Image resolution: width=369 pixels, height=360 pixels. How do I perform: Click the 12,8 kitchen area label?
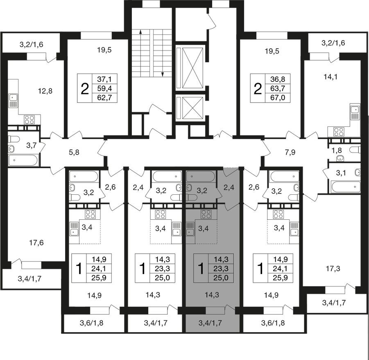[45, 90]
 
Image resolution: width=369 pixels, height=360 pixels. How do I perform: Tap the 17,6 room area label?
[36, 243]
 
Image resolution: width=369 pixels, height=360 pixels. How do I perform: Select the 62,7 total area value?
[105, 97]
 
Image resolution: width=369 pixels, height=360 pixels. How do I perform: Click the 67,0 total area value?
[278, 97]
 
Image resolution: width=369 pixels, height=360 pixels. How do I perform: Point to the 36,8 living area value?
[278, 79]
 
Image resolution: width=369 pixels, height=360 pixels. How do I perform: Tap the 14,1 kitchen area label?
[331, 76]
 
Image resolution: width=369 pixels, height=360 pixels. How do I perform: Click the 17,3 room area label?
[333, 268]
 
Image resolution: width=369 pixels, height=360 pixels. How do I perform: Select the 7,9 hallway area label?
[290, 152]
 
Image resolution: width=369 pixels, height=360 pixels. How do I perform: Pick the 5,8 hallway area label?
[74, 152]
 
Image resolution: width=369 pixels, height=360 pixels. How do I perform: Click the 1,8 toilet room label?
[336, 150]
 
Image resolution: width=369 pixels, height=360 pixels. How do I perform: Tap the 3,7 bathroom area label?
[31, 146]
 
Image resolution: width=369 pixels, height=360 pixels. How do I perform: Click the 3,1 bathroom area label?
[340, 173]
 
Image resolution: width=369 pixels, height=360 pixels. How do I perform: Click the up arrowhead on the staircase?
[140, 32]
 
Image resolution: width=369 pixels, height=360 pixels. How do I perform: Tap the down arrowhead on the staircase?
[162, 74]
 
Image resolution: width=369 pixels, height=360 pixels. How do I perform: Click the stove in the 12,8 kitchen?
[29, 119]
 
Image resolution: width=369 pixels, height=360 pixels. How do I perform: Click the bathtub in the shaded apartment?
[201, 176]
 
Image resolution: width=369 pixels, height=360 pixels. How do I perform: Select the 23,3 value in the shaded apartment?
[221, 268]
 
